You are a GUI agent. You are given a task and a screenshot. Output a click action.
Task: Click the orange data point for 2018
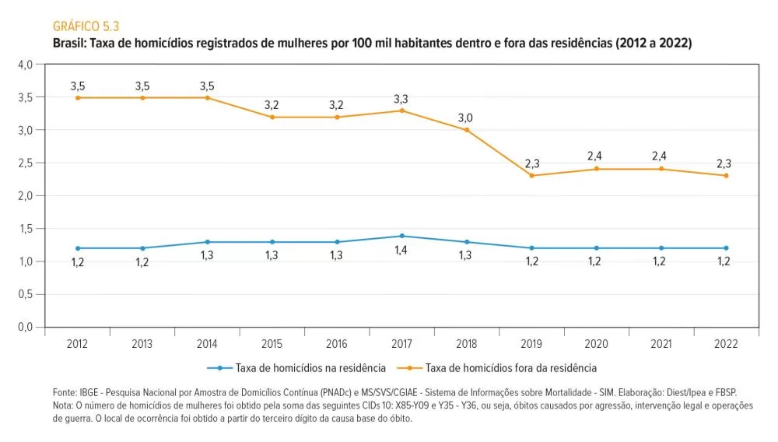[467, 130]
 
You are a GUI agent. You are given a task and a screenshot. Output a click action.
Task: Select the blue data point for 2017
[402, 236]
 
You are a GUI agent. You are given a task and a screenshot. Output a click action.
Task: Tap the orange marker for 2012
[78, 97]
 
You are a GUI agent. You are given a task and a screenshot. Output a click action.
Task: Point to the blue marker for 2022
[726, 248]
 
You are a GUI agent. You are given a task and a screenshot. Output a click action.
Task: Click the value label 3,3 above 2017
[401, 99]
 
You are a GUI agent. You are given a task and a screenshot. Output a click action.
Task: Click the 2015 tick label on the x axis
[272, 343]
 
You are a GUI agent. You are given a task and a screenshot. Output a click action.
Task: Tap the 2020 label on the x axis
[596, 343]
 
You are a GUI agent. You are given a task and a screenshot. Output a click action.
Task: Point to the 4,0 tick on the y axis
[25, 65]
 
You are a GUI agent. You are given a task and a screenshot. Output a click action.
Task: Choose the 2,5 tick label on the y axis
[25, 163]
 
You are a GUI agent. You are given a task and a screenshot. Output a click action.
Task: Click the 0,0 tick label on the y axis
[25, 327]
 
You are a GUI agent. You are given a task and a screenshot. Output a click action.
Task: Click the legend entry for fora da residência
[510, 367]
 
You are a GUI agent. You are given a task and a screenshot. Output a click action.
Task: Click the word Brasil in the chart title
[68, 44]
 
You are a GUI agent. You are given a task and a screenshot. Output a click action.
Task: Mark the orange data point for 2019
[531, 175]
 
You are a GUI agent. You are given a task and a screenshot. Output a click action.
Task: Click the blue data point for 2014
[208, 242]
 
